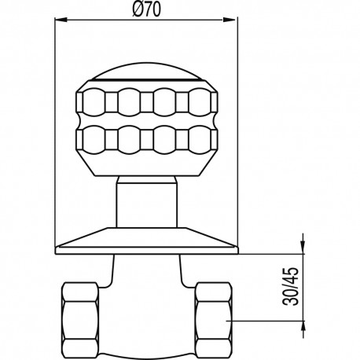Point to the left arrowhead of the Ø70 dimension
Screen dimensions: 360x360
click(58, 24)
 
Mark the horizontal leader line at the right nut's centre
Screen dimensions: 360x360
click(267, 320)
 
